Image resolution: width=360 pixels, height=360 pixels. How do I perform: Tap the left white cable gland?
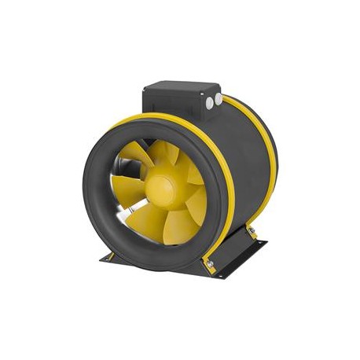pos(210,103)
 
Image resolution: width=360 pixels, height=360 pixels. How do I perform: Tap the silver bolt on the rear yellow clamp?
pos(251,229)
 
